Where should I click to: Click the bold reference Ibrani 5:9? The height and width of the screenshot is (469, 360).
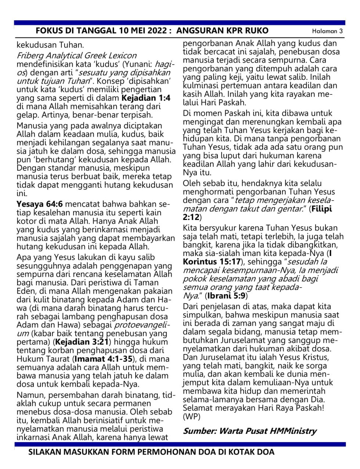226,295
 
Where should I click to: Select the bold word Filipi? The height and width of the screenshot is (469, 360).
322,209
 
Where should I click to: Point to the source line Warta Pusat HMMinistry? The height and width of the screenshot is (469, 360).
267,431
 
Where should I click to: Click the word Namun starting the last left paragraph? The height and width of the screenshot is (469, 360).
30,395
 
